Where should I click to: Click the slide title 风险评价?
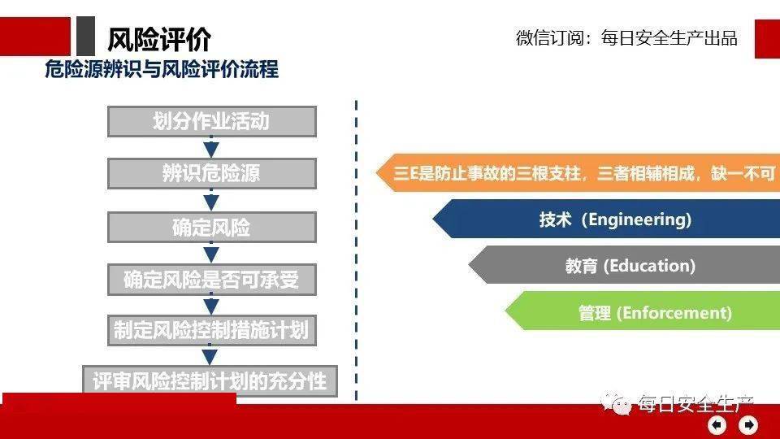click(x=159, y=39)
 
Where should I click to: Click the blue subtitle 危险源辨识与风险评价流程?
click(x=162, y=69)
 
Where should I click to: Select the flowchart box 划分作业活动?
click(x=212, y=121)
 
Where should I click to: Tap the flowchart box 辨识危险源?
click(x=212, y=174)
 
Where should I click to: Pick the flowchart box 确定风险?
click(x=212, y=228)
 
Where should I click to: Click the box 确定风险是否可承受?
click(x=212, y=280)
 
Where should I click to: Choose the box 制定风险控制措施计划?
click(x=212, y=330)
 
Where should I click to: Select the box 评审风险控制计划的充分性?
click(x=210, y=381)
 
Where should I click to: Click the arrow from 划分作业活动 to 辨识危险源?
click(x=211, y=147)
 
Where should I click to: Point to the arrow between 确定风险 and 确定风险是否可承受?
click(x=211, y=253)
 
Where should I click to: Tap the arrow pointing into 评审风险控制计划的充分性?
click(x=210, y=355)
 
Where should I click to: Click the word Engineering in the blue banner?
click(x=639, y=219)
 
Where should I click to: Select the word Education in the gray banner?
click(x=652, y=266)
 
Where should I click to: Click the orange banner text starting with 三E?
click(x=584, y=173)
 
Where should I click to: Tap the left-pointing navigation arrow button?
click(x=717, y=425)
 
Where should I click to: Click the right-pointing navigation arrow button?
click(x=748, y=425)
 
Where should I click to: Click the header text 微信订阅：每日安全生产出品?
click(x=626, y=38)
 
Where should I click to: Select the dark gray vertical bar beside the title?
click(x=85, y=36)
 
